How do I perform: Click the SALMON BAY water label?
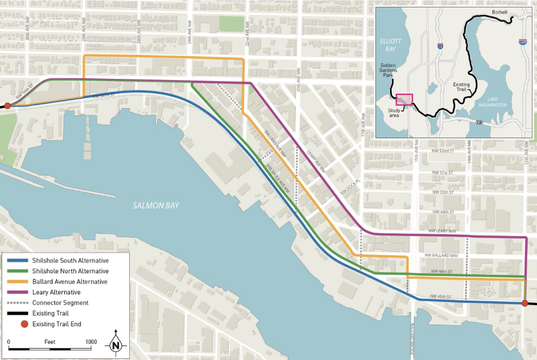pyautogui.click(x=156, y=206)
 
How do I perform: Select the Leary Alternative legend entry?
pyautogui.click(x=56, y=292)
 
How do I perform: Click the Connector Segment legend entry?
pyautogui.click(x=60, y=302)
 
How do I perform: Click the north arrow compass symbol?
pyautogui.click(x=116, y=344)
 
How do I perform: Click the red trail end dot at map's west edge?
pyautogui.click(x=7, y=106)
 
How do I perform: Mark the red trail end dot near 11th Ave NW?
pyautogui.click(x=525, y=303)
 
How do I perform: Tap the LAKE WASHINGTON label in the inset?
pyautogui.click(x=492, y=102)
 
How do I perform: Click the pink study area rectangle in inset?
pyautogui.click(x=404, y=99)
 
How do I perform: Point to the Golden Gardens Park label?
pyautogui.click(x=388, y=70)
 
